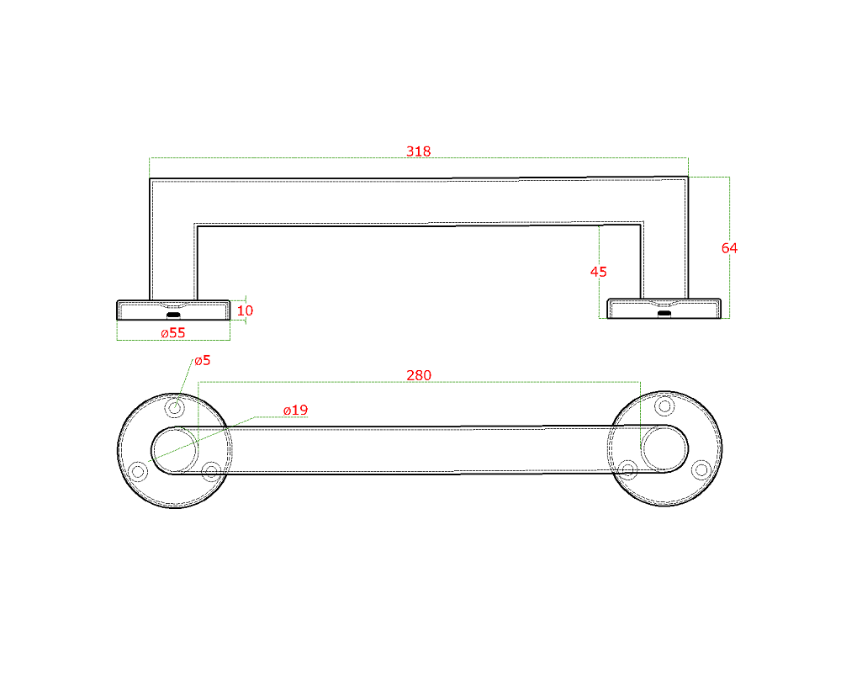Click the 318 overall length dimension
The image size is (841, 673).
pos(418,151)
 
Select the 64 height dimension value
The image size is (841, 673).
pos(729,248)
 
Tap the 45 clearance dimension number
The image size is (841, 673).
pos(598,272)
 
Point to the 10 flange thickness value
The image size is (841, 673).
pos(245,310)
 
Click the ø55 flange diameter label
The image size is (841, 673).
pos(172,333)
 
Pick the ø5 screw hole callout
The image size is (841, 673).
pos(202,361)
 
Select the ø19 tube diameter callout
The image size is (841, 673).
pos(295,410)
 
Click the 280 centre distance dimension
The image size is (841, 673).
pos(418,375)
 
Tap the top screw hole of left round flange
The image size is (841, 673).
pos(175,407)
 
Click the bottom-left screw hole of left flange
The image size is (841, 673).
pos(138,472)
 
